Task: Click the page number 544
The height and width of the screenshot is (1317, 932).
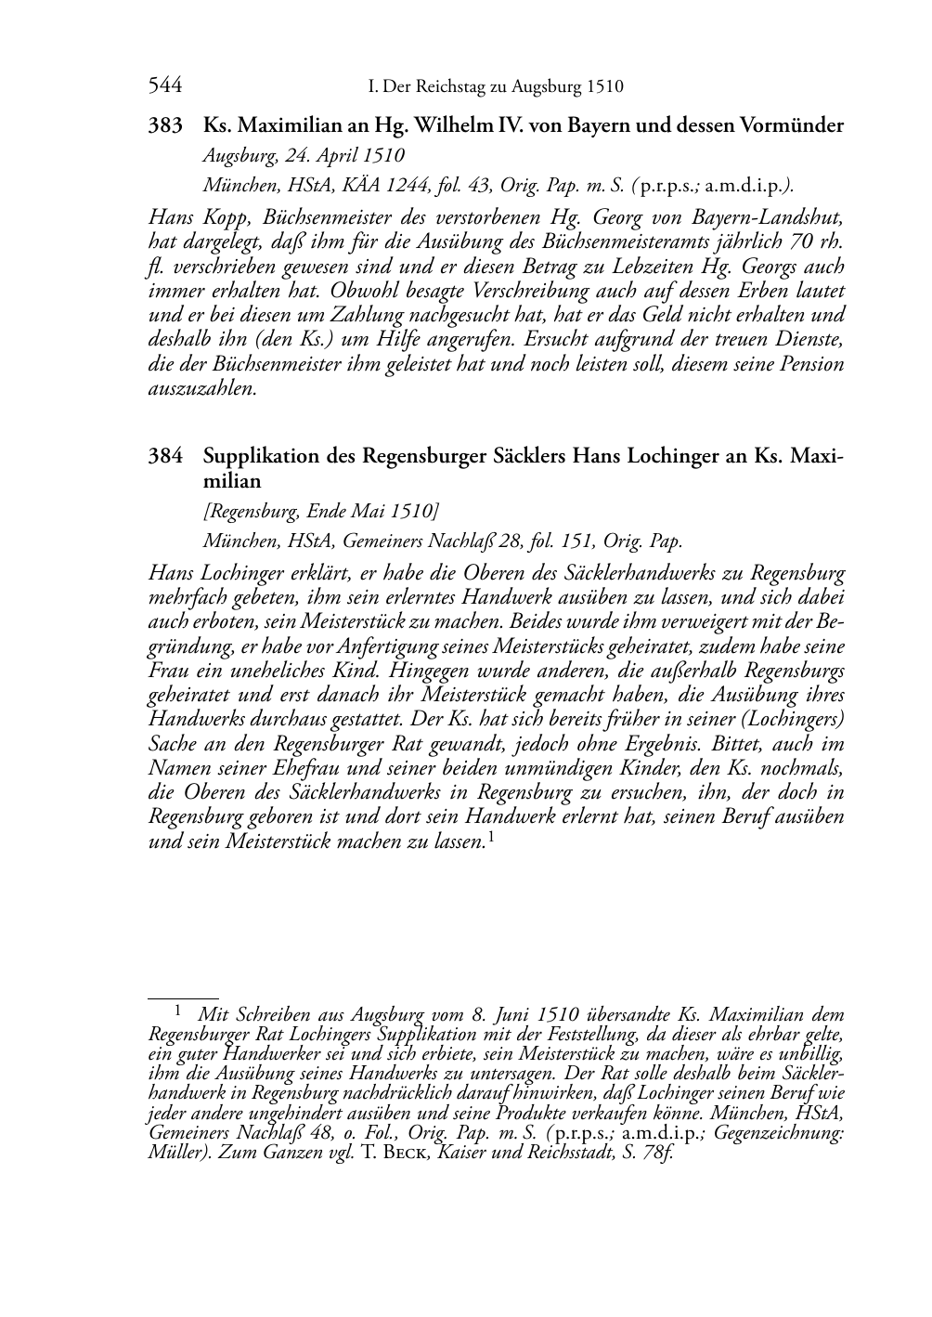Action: click(x=164, y=86)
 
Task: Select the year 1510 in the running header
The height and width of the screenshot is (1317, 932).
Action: click(x=604, y=87)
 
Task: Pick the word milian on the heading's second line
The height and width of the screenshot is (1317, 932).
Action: click(x=232, y=481)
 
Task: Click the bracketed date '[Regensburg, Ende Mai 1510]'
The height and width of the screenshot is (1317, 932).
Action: click(x=321, y=512)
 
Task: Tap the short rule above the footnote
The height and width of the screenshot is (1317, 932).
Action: click(x=183, y=997)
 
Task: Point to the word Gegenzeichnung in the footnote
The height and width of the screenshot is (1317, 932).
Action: click(x=786, y=1137)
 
